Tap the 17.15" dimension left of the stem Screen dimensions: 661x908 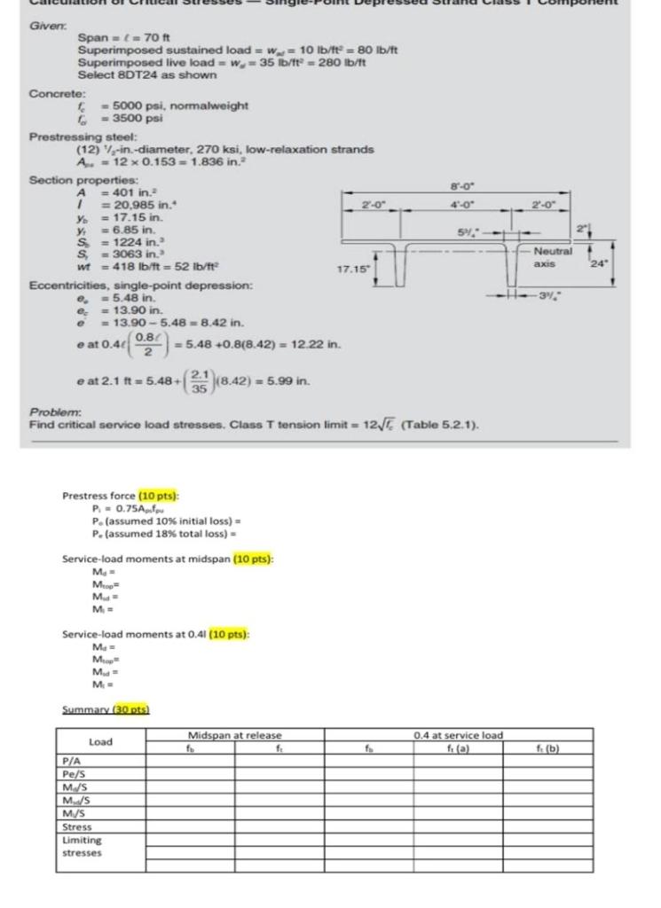(352, 264)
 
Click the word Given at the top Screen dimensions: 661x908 (47, 26)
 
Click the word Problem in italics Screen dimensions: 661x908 (51, 412)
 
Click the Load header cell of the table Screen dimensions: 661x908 (101, 741)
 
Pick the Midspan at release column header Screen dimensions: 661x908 (234, 735)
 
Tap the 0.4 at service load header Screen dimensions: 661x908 (458, 735)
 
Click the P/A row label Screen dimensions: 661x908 (71, 760)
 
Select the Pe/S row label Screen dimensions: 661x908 (73, 773)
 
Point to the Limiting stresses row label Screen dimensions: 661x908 (82, 846)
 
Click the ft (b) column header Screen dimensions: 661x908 (547, 748)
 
